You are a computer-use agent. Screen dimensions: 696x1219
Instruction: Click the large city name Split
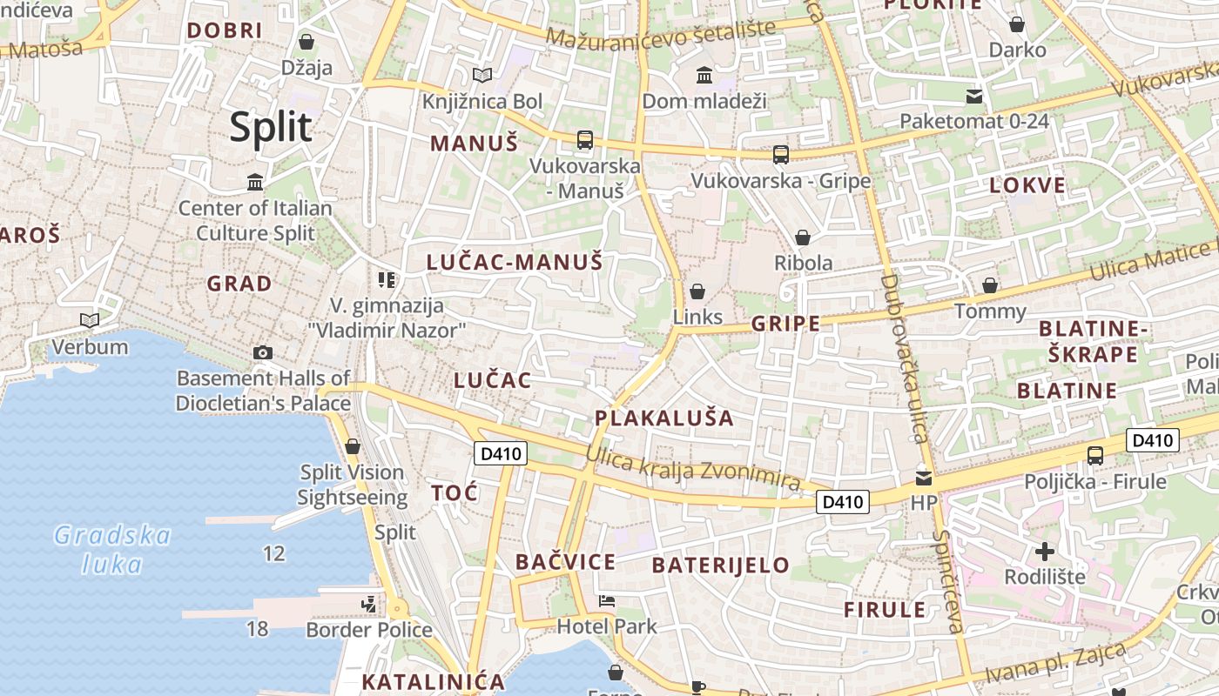pyautogui.click(x=271, y=127)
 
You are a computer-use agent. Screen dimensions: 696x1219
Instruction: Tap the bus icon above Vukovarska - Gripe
pyautogui.click(x=781, y=155)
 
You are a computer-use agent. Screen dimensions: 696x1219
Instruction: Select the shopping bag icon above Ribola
pyautogui.click(x=803, y=238)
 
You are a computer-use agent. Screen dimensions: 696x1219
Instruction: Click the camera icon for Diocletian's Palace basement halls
pyautogui.click(x=263, y=352)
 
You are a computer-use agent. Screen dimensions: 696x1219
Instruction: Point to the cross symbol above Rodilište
pyautogui.click(x=1045, y=551)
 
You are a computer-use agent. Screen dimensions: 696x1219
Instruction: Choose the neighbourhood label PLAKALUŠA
pyautogui.click(x=664, y=418)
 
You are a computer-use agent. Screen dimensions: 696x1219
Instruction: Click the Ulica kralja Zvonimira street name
pyautogui.click(x=692, y=468)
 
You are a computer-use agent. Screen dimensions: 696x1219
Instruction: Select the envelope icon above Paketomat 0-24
pyautogui.click(x=973, y=96)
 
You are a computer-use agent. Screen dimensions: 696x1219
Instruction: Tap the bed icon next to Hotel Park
pyautogui.click(x=607, y=601)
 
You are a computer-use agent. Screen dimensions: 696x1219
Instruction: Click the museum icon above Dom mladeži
pyautogui.click(x=704, y=76)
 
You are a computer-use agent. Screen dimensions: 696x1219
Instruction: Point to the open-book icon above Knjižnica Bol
pyautogui.click(x=482, y=76)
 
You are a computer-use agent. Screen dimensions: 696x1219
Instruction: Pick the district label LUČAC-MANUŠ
pyautogui.click(x=515, y=262)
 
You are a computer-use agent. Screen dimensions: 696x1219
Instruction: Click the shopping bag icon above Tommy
pyautogui.click(x=990, y=285)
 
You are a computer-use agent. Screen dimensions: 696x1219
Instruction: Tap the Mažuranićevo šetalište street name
pyautogui.click(x=661, y=35)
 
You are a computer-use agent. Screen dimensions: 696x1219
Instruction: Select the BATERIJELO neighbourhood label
pyautogui.click(x=720, y=565)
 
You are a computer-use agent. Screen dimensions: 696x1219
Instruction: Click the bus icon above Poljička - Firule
pyautogui.click(x=1095, y=455)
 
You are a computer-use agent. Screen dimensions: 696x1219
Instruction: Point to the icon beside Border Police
pyautogui.click(x=369, y=603)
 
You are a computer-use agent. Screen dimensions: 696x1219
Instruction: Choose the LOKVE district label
pyautogui.click(x=1027, y=184)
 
